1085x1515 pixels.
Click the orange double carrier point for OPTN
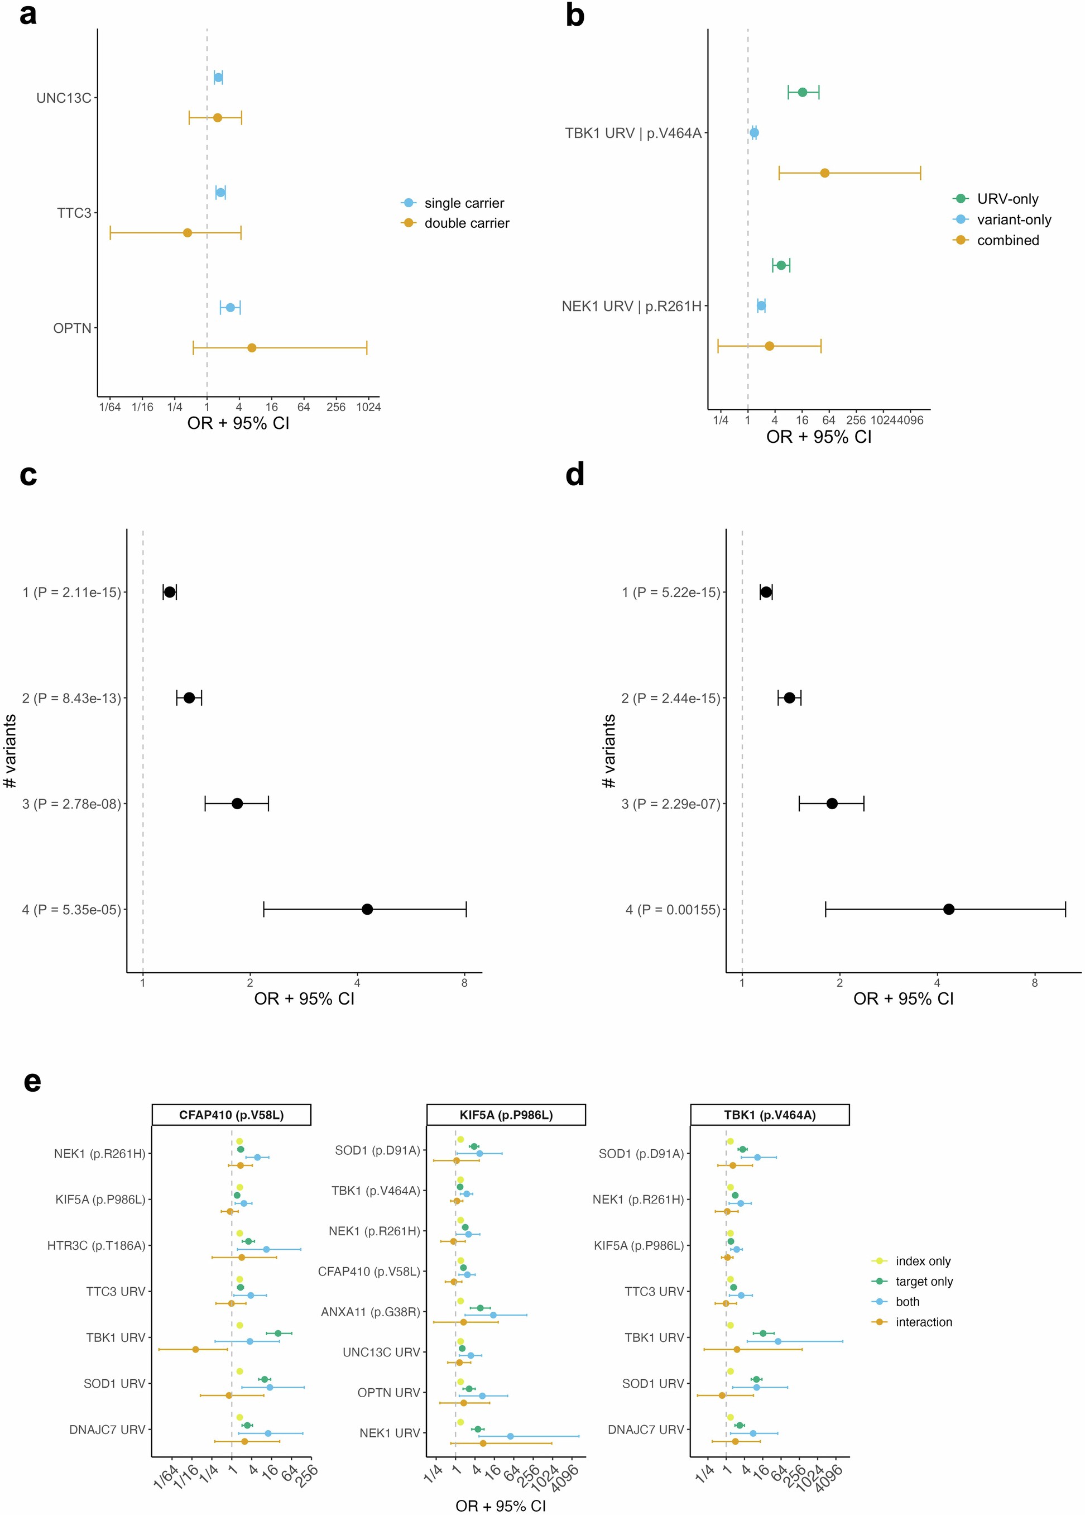252,347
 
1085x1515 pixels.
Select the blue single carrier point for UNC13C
218,78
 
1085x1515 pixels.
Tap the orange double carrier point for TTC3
188,232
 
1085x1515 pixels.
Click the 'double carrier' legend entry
466,223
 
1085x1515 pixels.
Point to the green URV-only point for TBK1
803,92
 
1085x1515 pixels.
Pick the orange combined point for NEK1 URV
769,346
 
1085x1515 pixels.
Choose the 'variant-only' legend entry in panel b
1014,220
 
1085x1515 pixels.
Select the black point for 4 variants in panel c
367,909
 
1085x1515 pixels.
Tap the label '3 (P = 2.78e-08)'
71,804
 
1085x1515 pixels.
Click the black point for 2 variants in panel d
790,698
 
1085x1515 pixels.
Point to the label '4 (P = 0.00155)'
673,909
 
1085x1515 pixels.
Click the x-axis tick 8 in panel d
1034,983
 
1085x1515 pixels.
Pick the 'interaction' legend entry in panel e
923,1322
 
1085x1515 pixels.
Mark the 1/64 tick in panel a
110,407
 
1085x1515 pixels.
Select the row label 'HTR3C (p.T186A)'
96,1245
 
